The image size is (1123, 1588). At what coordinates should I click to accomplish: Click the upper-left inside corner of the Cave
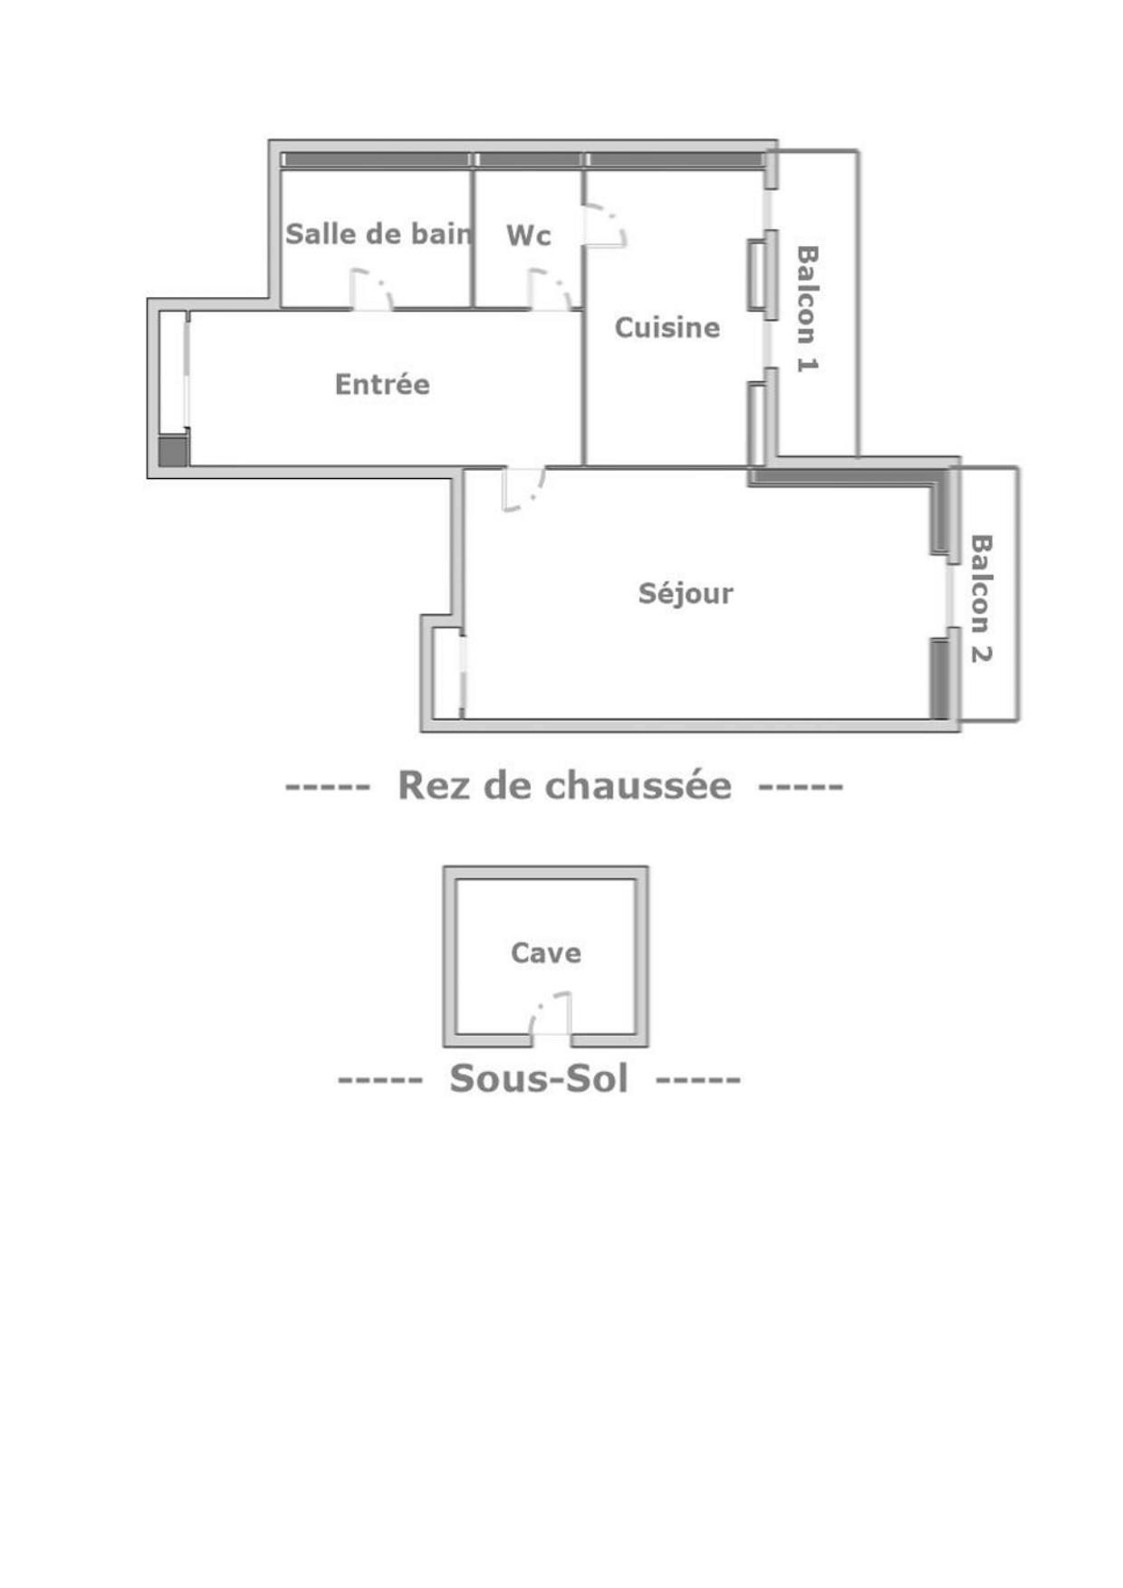(x=456, y=879)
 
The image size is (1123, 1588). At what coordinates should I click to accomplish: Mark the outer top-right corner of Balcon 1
(x=859, y=151)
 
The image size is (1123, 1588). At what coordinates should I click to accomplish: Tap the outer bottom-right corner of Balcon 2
(x=1018, y=721)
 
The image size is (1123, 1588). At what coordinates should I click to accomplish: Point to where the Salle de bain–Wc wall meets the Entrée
(x=473, y=308)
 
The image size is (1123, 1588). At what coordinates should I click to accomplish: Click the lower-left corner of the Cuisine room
(x=586, y=465)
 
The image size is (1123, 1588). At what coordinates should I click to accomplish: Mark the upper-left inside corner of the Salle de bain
(x=282, y=170)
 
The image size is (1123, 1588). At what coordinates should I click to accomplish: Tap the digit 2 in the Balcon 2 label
(x=981, y=654)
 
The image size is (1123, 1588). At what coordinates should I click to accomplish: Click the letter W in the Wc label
(x=519, y=235)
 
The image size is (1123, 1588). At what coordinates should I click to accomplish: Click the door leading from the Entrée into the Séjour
(x=524, y=490)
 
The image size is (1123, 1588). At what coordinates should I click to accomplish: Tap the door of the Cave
(x=551, y=1013)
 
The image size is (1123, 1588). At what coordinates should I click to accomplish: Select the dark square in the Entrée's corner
(x=173, y=451)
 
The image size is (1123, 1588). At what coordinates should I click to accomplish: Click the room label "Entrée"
(x=382, y=384)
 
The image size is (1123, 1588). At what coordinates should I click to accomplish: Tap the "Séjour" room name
(x=686, y=594)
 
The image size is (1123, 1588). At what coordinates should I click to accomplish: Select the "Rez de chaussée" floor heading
(x=564, y=785)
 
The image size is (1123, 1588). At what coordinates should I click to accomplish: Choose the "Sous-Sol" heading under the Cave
(x=539, y=1078)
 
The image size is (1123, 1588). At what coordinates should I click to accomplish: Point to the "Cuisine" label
(x=667, y=327)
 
